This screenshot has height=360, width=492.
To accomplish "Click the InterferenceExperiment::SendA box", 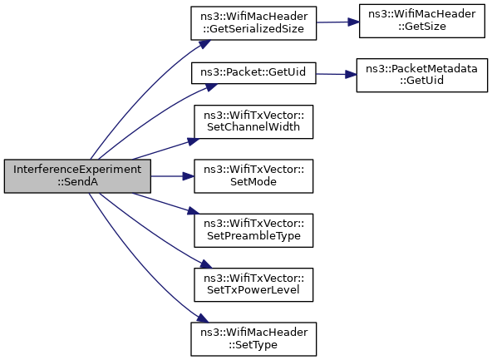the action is [x=77, y=176].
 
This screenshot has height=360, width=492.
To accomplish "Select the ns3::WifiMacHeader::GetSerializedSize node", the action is [x=253, y=23].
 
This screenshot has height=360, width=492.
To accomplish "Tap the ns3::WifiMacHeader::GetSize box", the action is [x=422, y=21].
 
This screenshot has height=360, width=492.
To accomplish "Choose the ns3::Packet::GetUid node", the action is [x=253, y=73].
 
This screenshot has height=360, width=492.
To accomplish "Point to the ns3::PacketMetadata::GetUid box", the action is [x=422, y=76].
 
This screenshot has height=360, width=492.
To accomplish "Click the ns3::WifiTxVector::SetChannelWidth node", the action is [x=253, y=121].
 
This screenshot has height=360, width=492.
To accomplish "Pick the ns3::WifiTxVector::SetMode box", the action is [x=253, y=176].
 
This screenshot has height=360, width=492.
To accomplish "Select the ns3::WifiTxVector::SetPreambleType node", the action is [x=253, y=230].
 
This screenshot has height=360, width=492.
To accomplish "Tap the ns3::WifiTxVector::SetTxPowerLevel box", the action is [x=253, y=284].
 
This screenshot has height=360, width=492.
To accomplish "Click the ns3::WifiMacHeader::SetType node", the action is [x=253, y=339].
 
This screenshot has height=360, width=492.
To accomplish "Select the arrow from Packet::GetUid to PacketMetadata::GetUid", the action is [x=336, y=74].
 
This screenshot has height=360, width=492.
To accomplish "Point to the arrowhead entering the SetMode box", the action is [x=189, y=176].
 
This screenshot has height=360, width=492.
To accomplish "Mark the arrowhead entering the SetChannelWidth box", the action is [x=194, y=141].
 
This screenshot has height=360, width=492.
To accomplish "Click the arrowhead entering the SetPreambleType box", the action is [x=194, y=211].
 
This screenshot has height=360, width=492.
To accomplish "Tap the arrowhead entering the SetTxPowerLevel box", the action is [x=206, y=264].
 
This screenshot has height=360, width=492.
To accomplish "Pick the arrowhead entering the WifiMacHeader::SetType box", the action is [x=203, y=318].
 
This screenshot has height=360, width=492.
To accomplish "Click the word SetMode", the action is [x=253, y=182].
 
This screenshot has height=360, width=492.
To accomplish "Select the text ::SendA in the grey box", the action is [x=77, y=182].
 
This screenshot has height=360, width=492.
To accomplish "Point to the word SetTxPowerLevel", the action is [x=253, y=290].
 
